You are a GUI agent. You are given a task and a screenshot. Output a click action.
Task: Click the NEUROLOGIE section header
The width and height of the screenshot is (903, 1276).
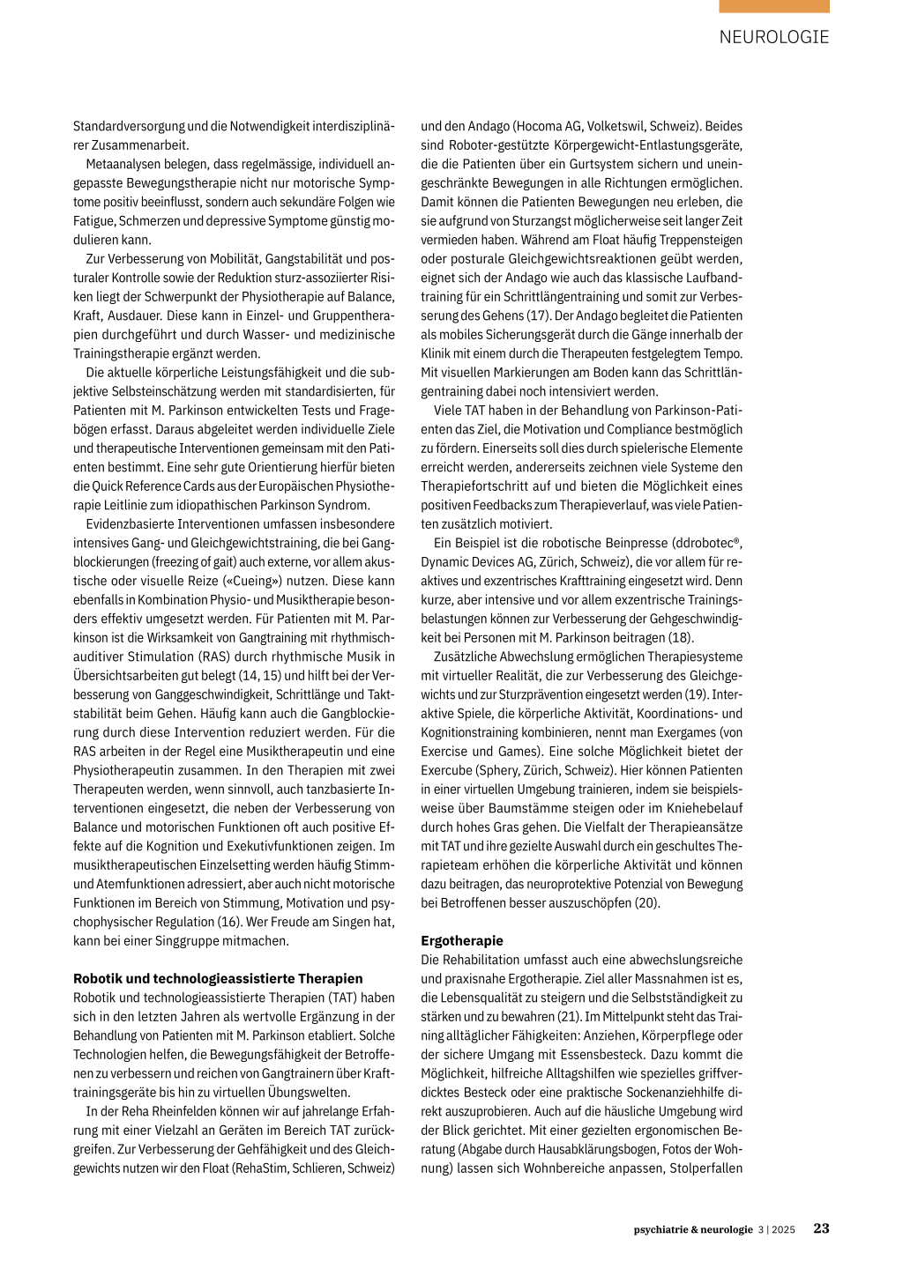tap(773, 37)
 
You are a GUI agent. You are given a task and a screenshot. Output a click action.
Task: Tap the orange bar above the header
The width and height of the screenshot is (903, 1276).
tap(773, 6)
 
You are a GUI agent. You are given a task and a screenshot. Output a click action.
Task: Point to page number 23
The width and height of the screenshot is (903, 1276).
tap(821, 1228)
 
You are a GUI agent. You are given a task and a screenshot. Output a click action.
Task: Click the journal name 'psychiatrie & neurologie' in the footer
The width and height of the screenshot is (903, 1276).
tap(693, 1229)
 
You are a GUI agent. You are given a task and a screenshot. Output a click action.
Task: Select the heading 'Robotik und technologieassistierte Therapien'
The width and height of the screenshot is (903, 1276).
tap(218, 978)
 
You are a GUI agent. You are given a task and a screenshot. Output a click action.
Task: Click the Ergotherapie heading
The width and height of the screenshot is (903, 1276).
tap(462, 940)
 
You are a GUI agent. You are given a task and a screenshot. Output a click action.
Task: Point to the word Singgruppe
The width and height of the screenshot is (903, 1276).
tap(188, 940)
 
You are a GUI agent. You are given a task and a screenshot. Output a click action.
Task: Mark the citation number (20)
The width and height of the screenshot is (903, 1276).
tap(646, 902)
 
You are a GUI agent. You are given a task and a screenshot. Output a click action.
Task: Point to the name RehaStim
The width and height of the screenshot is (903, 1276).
tap(267, 1168)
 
